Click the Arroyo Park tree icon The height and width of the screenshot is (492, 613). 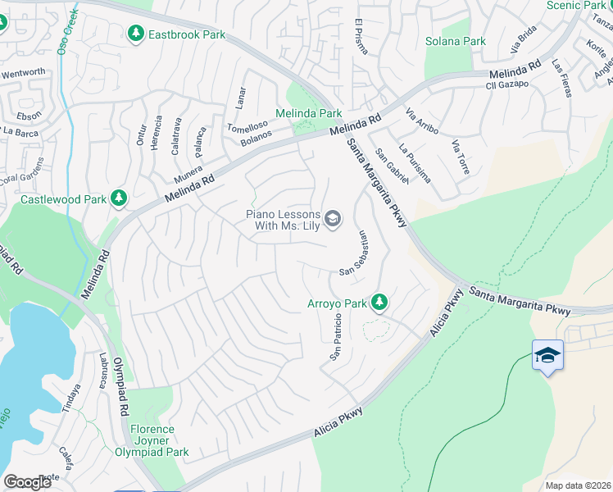[x=379, y=303]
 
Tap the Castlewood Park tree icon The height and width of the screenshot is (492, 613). [x=120, y=198]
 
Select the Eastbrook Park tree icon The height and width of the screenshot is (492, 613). [x=136, y=34]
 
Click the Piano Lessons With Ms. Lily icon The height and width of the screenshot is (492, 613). [x=333, y=217]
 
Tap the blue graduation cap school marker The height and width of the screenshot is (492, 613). [x=547, y=356]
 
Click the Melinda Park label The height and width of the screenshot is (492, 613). [x=308, y=113]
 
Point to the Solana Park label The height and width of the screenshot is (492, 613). [x=456, y=41]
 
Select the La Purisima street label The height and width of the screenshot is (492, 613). [x=414, y=163]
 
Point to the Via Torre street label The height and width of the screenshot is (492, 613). [x=461, y=157]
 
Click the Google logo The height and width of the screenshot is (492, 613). [x=28, y=481]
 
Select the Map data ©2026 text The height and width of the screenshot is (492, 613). [x=577, y=485]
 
